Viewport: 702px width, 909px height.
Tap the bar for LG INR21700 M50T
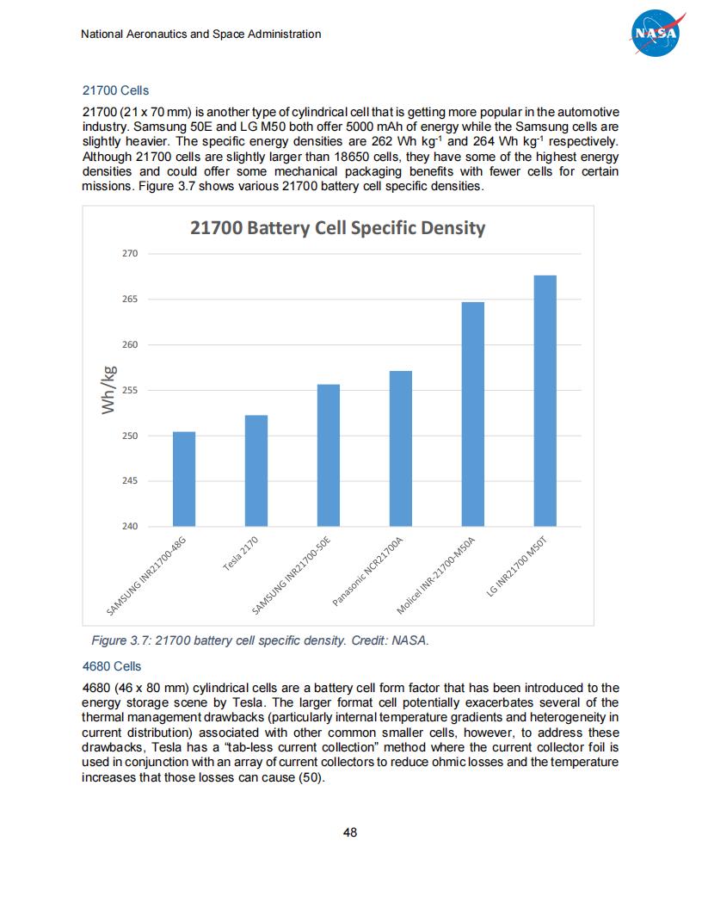pyautogui.click(x=545, y=400)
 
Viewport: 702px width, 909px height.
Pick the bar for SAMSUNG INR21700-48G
pyautogui.click(x=184, y=479)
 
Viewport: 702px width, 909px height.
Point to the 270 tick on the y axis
pyautogui.click(x=131, y=254)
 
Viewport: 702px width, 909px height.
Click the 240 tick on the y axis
pyautogui.click(x=131, y=526)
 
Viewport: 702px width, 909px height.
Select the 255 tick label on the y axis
pyautogui.click(x=131, y=390)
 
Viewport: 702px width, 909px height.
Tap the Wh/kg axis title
pyautogui.click(x=108, y=390)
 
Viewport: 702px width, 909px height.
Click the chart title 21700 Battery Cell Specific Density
pyautogui.click(x=337, y=228)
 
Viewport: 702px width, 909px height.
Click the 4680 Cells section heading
pyautogui.click(x=112, y=666)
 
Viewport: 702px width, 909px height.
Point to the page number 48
pyautogui.click(x=350, y=832)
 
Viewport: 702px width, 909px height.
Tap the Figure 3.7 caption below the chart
pyautogui.click(x=260, y=640)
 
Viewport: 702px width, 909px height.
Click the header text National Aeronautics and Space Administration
pyautogui.click(x=200, y=34)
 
